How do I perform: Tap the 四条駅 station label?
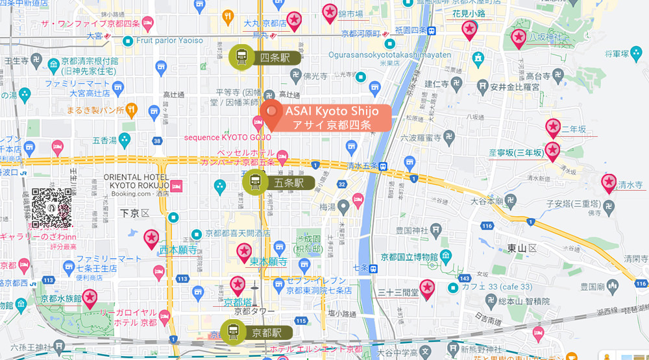pos(273,58)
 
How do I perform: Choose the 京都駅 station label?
pos(266,333)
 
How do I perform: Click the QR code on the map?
pos(51,208)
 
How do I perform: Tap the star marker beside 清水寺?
pos(609,183)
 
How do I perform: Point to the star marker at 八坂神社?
pos(518,39)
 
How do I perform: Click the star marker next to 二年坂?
pos(553,128)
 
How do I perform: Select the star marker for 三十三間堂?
pos(427,287)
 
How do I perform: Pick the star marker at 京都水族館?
pos(90,298)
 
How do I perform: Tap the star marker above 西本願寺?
pos(152,239)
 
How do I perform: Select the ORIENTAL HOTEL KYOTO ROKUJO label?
pos(136,181)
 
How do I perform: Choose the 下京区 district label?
pos(135,213)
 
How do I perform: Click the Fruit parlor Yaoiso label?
pos(169,40)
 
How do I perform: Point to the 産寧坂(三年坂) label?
pos(515,153)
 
